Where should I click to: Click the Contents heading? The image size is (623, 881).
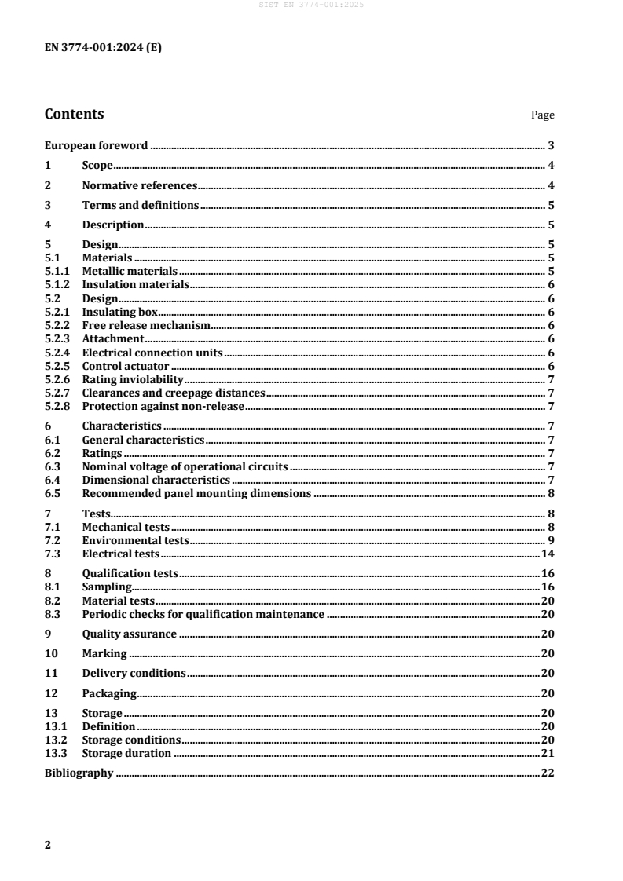coord(74,114)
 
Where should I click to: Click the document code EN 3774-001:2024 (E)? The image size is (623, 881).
coord(104,46)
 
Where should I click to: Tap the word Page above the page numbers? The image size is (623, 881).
coord(542,115)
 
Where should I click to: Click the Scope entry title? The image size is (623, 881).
coord(97,166)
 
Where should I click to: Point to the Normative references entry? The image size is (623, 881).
coord(138,186)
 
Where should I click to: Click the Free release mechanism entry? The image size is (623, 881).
coord(146,325)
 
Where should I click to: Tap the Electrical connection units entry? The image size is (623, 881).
coord(152,353)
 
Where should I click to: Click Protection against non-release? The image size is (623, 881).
coord(163,406)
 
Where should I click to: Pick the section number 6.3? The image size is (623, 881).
coord(53,466)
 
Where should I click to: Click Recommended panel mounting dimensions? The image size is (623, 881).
coord(196,494)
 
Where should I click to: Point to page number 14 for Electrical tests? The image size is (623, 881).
coord(549,554)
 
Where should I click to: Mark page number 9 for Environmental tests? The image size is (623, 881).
coord(552,541)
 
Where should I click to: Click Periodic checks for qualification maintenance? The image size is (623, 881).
coord(203,614)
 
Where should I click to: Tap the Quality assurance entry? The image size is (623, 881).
coord(129,634)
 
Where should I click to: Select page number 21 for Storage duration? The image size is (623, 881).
coord(549,754)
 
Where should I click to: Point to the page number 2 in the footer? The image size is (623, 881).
coord(48,845)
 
